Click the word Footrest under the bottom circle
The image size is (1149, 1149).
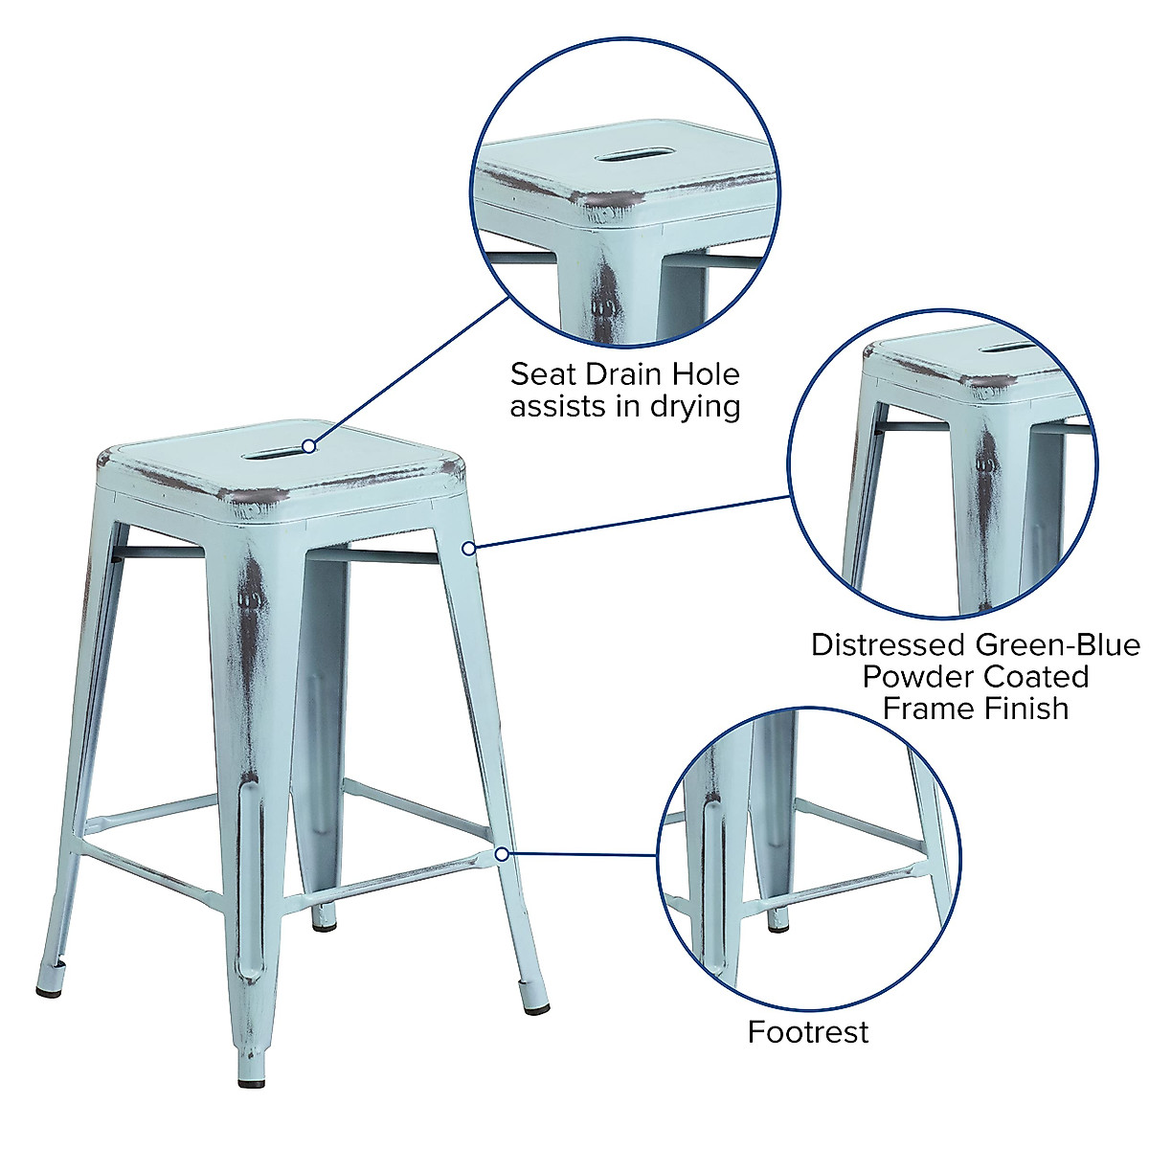pyautogui.click(x=808, y=1031)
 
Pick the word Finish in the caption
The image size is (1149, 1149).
pyautogui.click(x=1027, y=709)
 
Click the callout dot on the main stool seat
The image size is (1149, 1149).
pyautogui.click(x=308, y=445)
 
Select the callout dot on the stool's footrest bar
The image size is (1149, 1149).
pyautogui.click(x=502, y=852)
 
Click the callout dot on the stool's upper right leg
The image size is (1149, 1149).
pyautogui.click(x=468, y=548)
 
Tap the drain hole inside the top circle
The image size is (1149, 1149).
pyautogui.click(x=624, y=153)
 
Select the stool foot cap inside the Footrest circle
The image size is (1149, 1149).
pyautogui.click(x=779, y=924)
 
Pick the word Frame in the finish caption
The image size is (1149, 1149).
pyautogui.click(x=925, y=709)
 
